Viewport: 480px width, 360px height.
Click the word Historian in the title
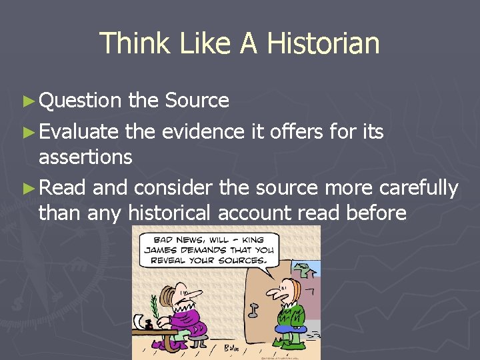point(323,43)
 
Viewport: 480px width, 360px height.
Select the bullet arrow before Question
point(27,101)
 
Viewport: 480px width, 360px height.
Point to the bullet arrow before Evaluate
point(27,133)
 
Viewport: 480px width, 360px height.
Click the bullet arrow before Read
point(27,189)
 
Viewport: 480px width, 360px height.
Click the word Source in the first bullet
point(197,101)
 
